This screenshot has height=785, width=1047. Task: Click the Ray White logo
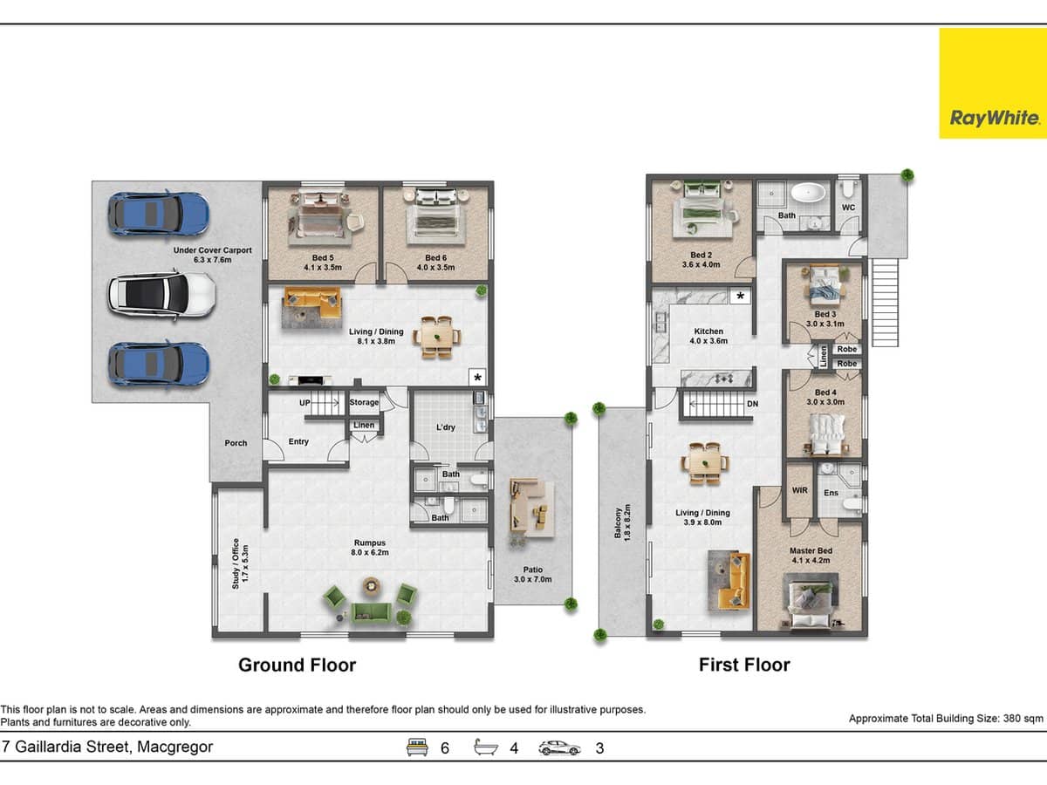(992, 84)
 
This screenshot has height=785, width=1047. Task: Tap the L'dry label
(447, 427)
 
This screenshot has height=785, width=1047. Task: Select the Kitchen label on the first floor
(708, 336)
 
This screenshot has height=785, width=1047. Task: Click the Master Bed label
(811, 556)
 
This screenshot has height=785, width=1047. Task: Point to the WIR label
(799, 491)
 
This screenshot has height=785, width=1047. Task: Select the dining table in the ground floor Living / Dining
(437, 336)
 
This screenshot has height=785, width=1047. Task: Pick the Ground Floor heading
(297, 665)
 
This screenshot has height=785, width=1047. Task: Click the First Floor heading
(744, 665)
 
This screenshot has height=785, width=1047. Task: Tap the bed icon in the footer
(418, 747)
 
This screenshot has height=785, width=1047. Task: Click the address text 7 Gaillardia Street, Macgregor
(107, 747)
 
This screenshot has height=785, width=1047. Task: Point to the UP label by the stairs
(305, 403)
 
